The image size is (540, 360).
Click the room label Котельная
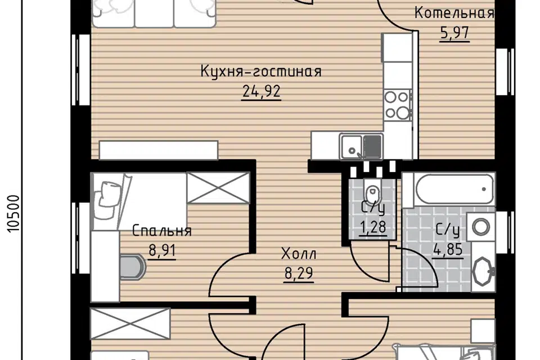(454, 12)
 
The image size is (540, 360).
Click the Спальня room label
(162, 231)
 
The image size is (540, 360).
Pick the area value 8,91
(162, 250)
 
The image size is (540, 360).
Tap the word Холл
(298, 254)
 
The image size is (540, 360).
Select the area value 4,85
(449, 247)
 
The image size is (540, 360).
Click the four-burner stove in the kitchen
(397, 105)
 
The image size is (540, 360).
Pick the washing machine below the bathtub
(480, 227)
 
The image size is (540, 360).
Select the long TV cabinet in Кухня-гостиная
(158, 150)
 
